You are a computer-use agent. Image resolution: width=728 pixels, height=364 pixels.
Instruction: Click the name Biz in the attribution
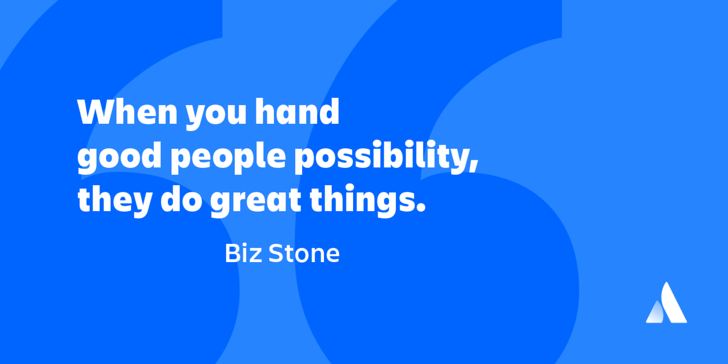coord(242,253)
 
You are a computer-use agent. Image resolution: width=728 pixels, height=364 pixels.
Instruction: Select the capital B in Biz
coord(232,253)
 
